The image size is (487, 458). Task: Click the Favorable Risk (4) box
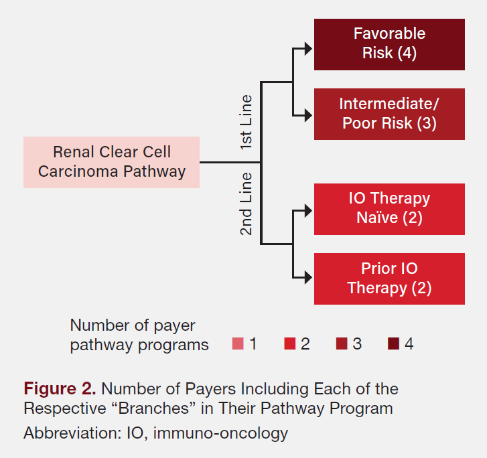[389, 44]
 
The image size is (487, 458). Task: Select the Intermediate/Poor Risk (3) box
[389, 114]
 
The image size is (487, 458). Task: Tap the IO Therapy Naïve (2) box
[389, 209]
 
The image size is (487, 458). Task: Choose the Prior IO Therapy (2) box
[389, 279]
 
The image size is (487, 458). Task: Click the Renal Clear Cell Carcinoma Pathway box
[111, 163]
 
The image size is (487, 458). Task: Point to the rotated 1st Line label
[247, 121]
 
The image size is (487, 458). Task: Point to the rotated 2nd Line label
[247, 204]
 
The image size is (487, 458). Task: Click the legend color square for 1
[238, 344]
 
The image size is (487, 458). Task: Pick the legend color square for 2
[289, 344]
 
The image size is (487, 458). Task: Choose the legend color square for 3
[342, 344]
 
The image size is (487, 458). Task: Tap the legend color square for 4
[393, 344]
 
